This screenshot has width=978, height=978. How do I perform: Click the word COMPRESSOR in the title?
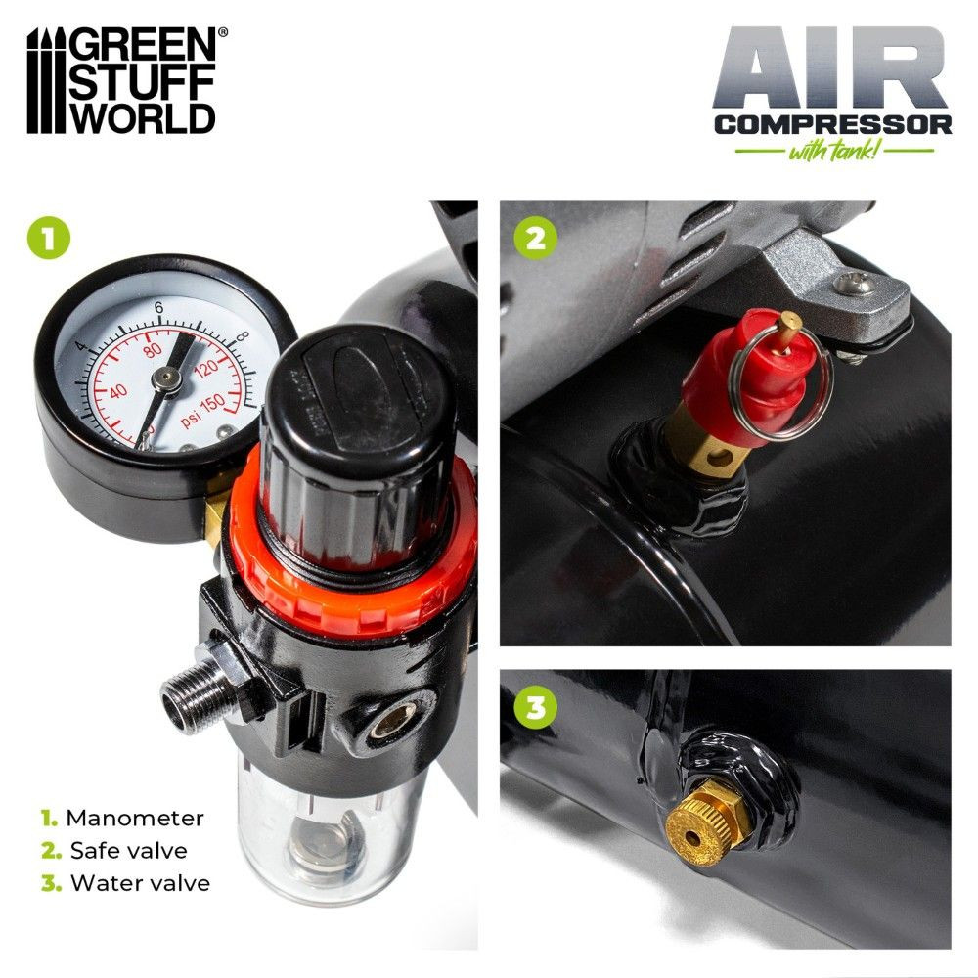point(832,125)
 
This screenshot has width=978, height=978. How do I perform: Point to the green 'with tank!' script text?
point(834,151)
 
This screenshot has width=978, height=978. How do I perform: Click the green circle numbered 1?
point(49,239)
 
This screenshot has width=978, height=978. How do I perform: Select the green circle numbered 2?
point(535,238)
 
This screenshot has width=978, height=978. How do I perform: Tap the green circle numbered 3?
point(535,707)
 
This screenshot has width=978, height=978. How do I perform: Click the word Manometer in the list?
point(135,819)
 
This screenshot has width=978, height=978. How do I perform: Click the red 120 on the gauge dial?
point(206,368)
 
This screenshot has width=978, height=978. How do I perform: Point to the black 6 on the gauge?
point(158,307)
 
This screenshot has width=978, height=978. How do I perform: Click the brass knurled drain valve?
point(707,822)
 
